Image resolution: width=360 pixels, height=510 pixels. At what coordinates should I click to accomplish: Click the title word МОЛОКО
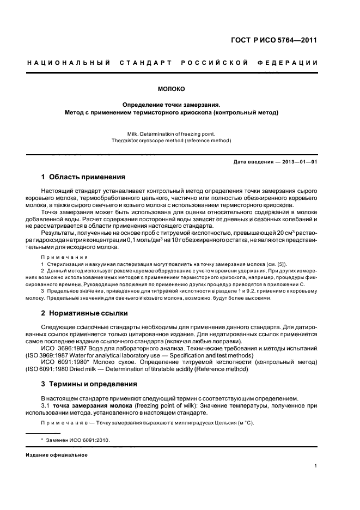tap(172, 87)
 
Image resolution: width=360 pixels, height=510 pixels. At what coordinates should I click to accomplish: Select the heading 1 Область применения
tap(83, 177)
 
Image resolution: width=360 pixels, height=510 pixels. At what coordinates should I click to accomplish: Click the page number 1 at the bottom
tap(316, 466)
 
